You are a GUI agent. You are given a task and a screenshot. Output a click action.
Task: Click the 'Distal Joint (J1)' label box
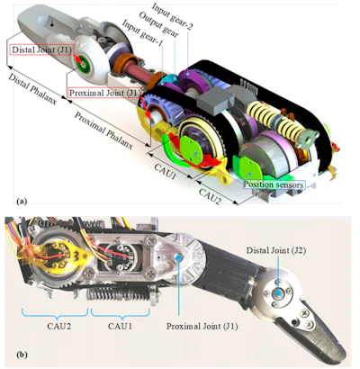[41, 49]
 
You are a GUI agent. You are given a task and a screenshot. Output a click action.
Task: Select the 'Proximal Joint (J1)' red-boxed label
[105, 93]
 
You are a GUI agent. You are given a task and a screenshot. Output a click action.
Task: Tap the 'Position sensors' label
[274, 184]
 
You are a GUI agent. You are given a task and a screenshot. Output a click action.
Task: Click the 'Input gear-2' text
[172, 16]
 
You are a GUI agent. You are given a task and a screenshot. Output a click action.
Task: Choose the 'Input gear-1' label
[142, 33]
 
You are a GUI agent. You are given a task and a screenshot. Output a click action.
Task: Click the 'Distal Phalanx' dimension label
[32, 89]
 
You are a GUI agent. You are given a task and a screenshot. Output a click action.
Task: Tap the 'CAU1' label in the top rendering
[165, 171]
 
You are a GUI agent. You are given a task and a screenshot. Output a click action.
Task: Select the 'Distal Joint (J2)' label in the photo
[276, 251]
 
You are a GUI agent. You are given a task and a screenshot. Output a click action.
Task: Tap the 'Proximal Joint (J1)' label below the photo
[202, 326]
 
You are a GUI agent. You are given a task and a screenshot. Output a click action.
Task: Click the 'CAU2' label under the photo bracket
[59, 326]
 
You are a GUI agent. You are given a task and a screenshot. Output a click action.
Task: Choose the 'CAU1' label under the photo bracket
[120, 326]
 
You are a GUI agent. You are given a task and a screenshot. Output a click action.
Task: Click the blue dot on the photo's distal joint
[279, 293]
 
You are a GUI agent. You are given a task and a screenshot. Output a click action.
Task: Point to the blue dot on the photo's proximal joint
[179, 257]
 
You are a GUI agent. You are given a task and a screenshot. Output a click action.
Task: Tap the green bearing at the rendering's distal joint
[82, 64]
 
